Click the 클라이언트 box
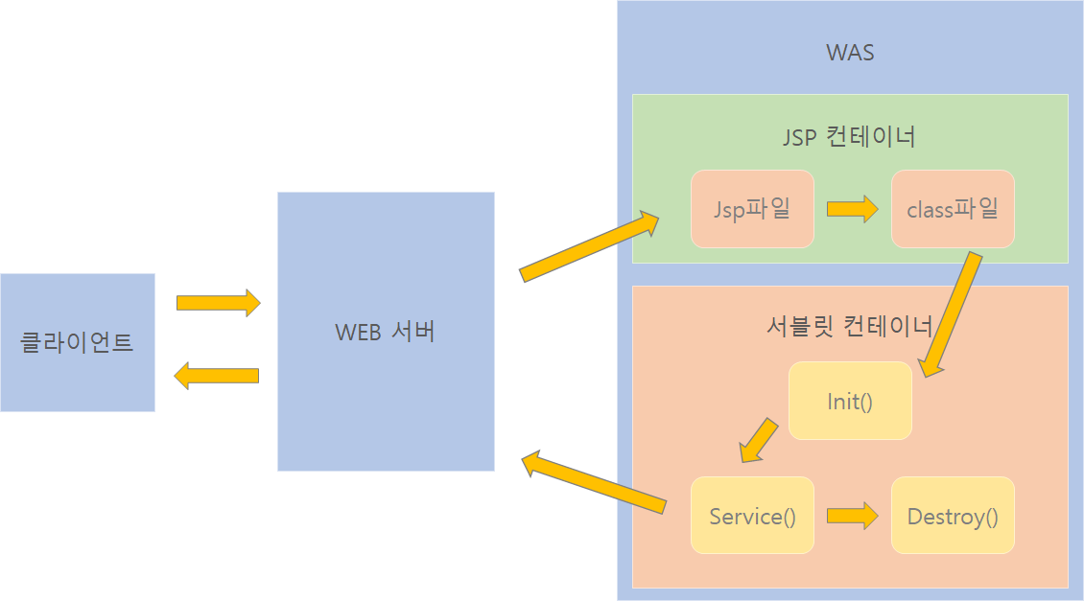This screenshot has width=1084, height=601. coord(77,342)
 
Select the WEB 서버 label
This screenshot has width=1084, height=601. coord(386,332)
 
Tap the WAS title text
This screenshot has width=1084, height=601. coord(850,52)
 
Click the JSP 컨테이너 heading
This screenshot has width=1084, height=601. coord(849,137)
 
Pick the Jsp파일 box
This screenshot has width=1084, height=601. coord(752,208)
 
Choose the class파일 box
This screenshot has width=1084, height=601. coord(953,208)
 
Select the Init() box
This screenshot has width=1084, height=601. coord(850,401)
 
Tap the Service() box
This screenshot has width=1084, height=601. coord(752,516)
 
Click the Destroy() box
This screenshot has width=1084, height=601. coord(953,516)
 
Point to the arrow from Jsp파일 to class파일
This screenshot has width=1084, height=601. coord(853,208)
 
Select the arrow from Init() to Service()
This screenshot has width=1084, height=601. coord(759,437)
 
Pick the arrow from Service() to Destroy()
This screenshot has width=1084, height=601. coord(853,516)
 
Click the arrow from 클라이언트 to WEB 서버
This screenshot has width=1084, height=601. coord(218,303)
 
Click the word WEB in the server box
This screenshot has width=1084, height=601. coord(358,332)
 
